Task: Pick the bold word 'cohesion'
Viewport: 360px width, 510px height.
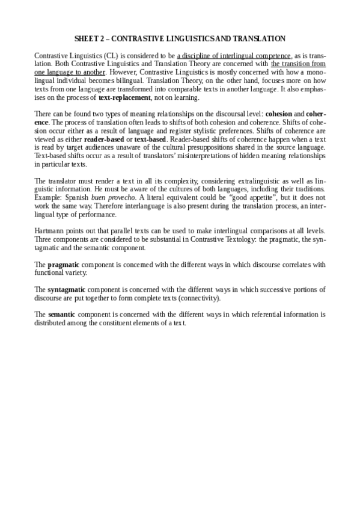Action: coord(278,114)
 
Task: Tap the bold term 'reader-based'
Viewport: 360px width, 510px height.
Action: coord(103,138)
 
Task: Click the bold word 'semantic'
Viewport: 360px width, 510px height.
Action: coord(61,314)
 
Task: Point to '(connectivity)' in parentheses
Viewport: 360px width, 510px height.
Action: coord(200,298)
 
